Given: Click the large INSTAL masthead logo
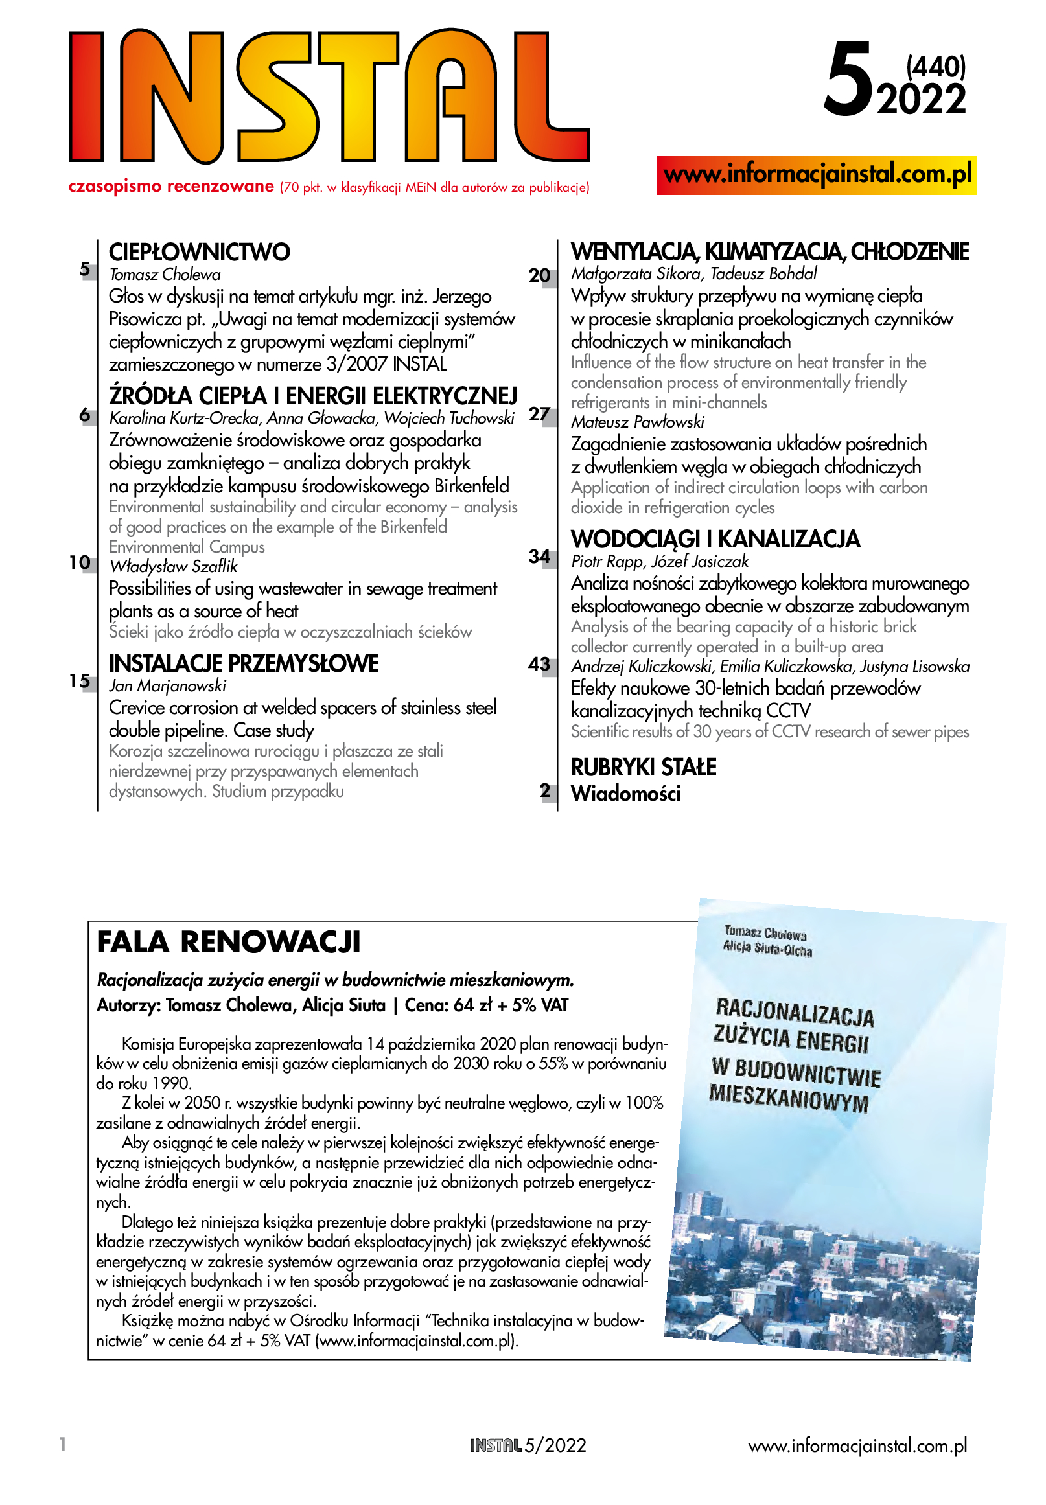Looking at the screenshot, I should [x=329, y=96].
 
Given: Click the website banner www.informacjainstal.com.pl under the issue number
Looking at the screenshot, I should [x=817, y=175].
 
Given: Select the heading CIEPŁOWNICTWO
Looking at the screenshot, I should [x=199, y=252].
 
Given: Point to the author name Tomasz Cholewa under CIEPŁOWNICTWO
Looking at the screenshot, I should [x=165, y=275].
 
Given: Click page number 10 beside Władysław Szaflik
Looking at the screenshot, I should [x=80, y=562].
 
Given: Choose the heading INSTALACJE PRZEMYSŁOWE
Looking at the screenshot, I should [x=244, y=663].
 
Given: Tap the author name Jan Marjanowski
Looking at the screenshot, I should [x=167, y=686].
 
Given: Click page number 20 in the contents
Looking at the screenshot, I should [x=539, y=275].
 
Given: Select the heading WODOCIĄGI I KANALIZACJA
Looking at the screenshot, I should [x=715, y=539].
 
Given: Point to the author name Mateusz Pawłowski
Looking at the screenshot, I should [x=638, y=422].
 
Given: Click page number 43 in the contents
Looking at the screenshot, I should [x=539, y=664].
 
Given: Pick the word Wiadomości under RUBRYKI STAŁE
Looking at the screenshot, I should [x=626, y=794].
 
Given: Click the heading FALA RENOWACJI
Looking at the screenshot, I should [x=229, y=942].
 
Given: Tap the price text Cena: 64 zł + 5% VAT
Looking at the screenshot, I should [x=486, y=1005].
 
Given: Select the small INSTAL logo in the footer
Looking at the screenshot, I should [x=496, y=1445].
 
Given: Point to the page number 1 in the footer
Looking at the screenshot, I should [x=63, y=1444].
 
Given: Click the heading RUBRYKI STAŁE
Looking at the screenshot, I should [x=644, y=767].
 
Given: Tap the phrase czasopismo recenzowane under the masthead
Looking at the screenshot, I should [x=171, y=187].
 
